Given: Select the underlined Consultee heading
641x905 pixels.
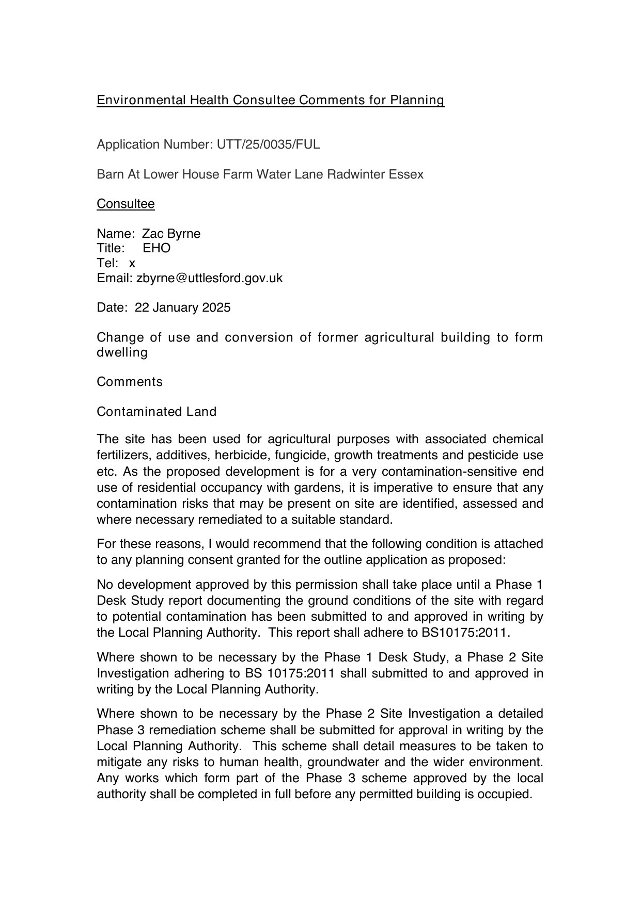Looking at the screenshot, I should tap(126, 204).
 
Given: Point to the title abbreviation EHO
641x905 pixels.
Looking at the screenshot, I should tap(157, 248).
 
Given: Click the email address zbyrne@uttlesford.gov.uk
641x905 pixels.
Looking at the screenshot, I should tap(209, 278).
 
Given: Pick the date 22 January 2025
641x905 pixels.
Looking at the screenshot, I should tap(182, 308).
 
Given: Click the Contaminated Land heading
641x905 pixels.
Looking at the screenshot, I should tap(157, 412).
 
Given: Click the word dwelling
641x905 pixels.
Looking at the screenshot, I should tap(122, 352).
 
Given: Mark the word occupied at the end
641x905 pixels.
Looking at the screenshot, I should tap(507, 794).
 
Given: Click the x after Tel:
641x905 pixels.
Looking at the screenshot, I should tap(132, 263).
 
